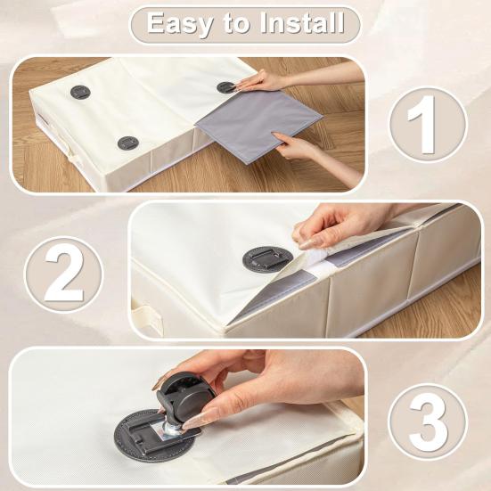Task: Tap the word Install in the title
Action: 299,23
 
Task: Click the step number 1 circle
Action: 427,125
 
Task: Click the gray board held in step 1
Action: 258,123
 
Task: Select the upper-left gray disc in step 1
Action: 81,92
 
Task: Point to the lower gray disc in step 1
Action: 128,143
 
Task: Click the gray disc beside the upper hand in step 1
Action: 225,87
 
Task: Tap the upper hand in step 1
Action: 267,81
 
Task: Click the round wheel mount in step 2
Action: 266,259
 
